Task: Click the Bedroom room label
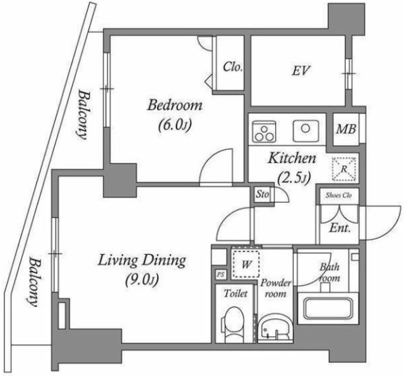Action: [175, 105]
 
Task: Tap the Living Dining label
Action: [141, 259]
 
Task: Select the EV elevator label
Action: [300, 71]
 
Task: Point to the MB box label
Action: [345, 130]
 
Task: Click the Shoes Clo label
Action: [338, 195]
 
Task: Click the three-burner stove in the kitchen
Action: [264, 131]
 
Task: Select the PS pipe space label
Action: [220, 275]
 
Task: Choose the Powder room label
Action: [275, 288]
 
